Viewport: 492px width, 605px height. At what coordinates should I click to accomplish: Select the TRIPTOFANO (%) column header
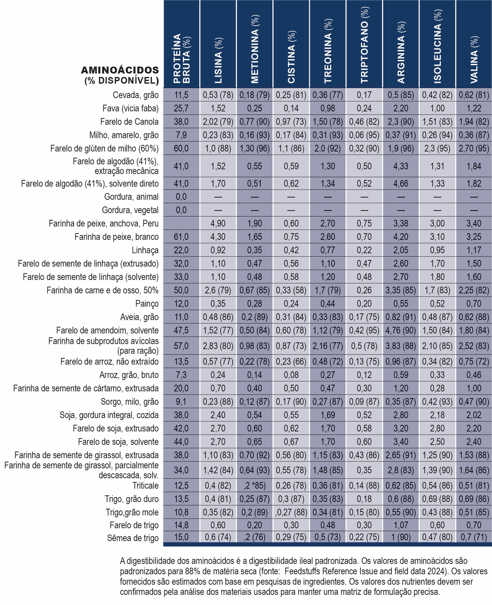[x=365, y=45]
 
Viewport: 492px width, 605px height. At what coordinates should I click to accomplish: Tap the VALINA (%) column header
[x=474, y=60]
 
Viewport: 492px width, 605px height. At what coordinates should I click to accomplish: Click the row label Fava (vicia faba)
[x=130, y=108]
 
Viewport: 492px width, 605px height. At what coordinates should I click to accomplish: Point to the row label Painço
[x=147, y=304]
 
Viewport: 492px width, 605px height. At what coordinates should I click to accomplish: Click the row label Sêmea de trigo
[x=133, y=538]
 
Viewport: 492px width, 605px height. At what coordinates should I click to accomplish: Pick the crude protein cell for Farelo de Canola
[x=181, y=122]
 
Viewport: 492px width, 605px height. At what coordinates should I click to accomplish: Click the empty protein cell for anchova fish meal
[x=181, y=223]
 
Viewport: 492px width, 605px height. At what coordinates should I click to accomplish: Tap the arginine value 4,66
[x=401, y=183]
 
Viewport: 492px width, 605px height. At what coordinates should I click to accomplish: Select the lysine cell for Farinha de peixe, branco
[x=218, y=237]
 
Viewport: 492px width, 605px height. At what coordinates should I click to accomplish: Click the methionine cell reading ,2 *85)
[x=254, y=485]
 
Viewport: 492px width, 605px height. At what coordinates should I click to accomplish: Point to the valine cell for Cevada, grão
[x=474, y=95]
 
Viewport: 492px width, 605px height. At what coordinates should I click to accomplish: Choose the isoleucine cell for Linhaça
[x=437, y=250]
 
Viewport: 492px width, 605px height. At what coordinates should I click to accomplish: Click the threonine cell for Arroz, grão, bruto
[x=328, y=375]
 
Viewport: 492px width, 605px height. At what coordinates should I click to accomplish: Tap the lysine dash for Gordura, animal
[x=218, y=197]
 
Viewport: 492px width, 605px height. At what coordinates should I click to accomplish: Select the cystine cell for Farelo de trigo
[x=291, y=525]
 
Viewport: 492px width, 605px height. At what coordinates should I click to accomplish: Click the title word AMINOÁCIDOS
[x=120, y=70]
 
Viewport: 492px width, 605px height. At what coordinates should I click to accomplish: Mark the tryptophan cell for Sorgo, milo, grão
[x=364, y=402]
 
